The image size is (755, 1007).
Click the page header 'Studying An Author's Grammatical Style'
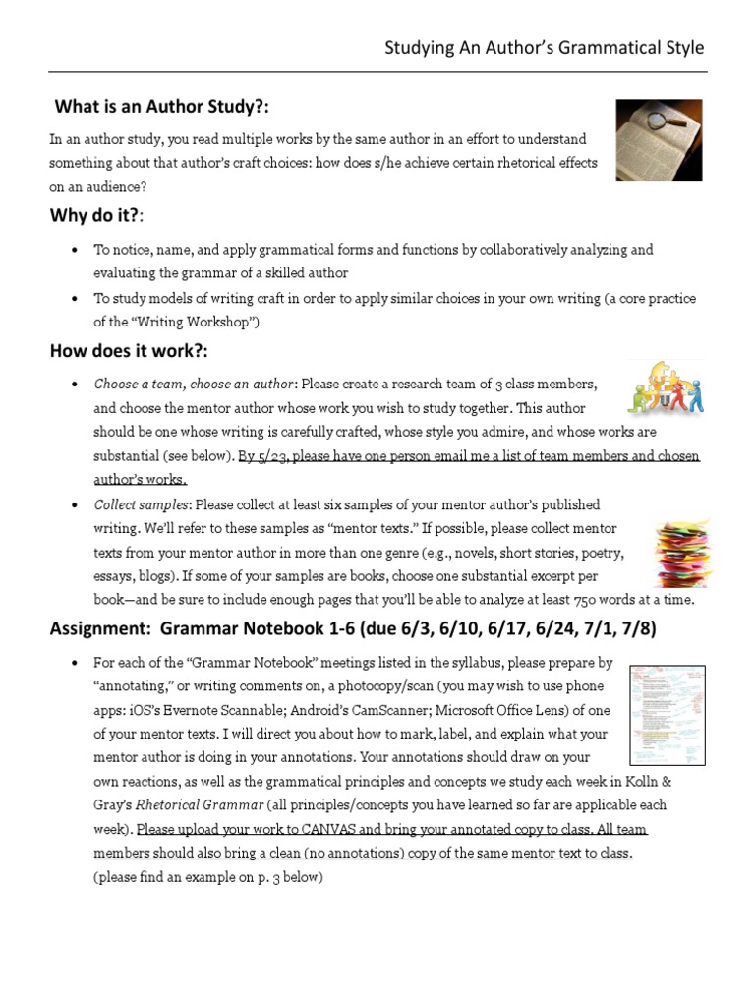tap(544, 48)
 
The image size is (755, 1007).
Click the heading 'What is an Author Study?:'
tap(162, 107)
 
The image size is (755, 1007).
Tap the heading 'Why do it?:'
tap(96, 215)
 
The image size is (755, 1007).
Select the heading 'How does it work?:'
tap(129, 351)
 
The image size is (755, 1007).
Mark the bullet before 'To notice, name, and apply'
tap(75, 250)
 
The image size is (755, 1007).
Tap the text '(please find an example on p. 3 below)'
tap(207, 877)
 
